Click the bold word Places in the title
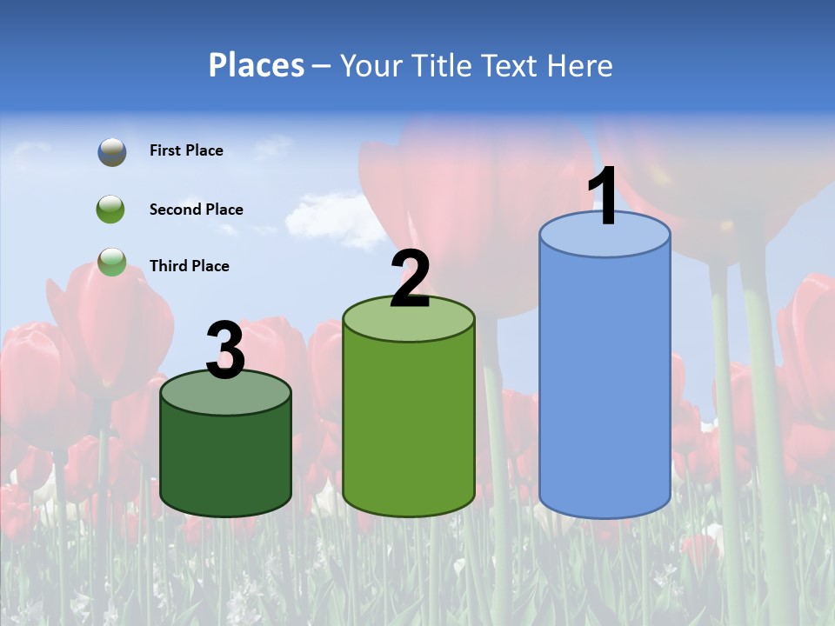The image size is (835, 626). (x=257, y=65)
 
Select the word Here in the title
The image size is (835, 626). (x=581, y=65)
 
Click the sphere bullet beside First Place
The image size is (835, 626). (x=111, y=151)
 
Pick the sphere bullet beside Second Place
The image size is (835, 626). (x=111, y=210)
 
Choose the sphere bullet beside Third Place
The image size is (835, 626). (x=111, y=262)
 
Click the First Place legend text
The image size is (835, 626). (x=186, y=150)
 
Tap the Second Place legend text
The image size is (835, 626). (x=196, y=210)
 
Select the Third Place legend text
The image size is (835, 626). (x=189, y=266)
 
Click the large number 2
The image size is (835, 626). (x=411, y=279)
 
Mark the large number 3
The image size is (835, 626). (x=226, y=350)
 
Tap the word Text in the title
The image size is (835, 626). (x=511, y=65)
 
